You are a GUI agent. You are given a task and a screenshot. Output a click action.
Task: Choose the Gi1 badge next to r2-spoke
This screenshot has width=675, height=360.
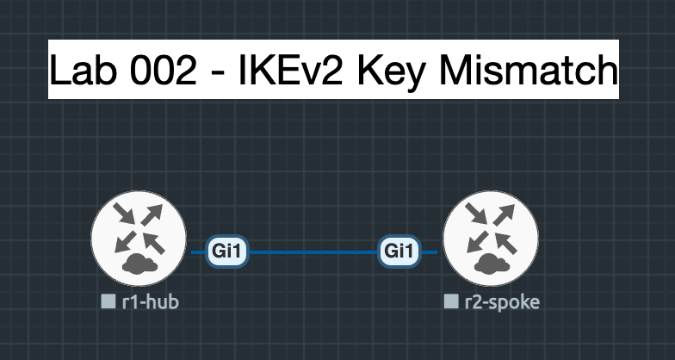tap(399, 252)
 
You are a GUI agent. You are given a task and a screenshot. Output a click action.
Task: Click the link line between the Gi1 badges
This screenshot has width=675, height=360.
tap(314, 253)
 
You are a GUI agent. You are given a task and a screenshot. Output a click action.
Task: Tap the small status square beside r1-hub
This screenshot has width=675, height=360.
tap(108, 301)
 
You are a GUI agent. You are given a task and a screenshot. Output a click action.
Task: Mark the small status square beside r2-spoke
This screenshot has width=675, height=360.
tap(451, 301)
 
